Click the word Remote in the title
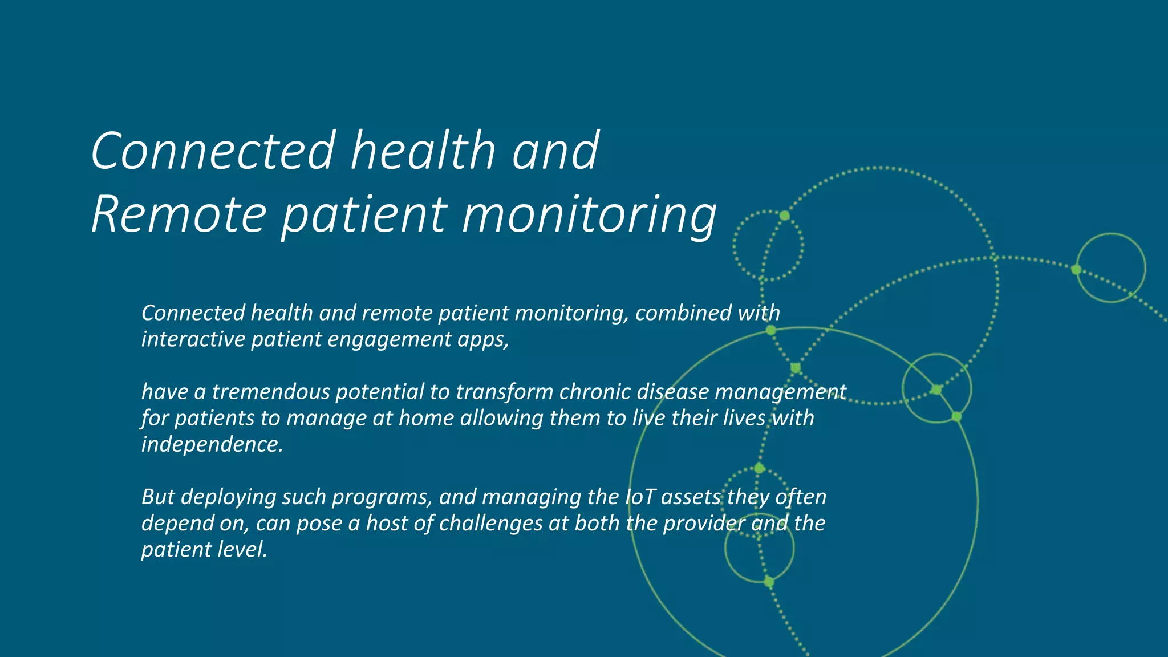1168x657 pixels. [179, 214]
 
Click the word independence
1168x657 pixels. [212, 444]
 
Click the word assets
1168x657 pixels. [691, 497]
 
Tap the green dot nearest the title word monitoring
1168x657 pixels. [785, 216]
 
